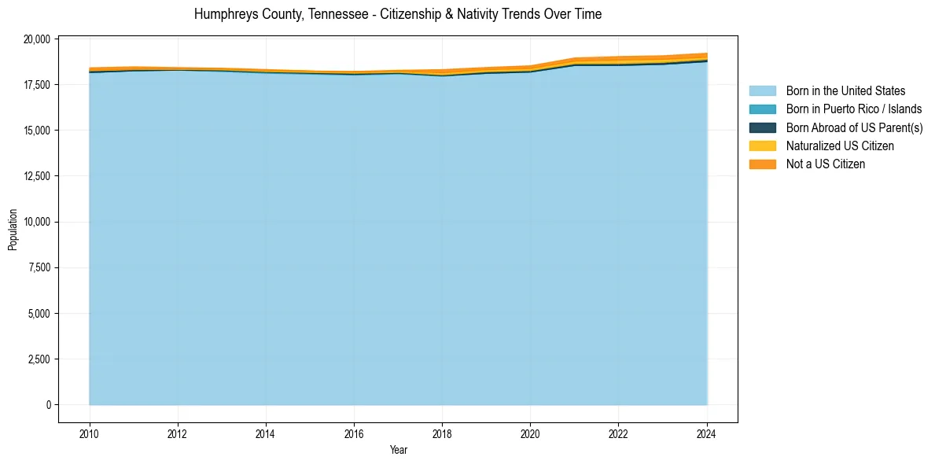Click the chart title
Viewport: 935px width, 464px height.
click(398, 14)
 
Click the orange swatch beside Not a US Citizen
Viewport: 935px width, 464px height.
click(762, 164)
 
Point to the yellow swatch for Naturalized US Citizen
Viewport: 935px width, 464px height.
click(762, 145)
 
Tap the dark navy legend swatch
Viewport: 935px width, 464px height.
click(762, 127)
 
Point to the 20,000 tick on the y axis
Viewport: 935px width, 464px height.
click(38, 39)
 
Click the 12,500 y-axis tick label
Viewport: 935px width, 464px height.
click(38, 176)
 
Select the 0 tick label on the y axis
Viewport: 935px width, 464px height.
click(47, 405)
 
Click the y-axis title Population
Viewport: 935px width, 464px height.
click(13, 230)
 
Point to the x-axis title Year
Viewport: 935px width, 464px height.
click(399, 450)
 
